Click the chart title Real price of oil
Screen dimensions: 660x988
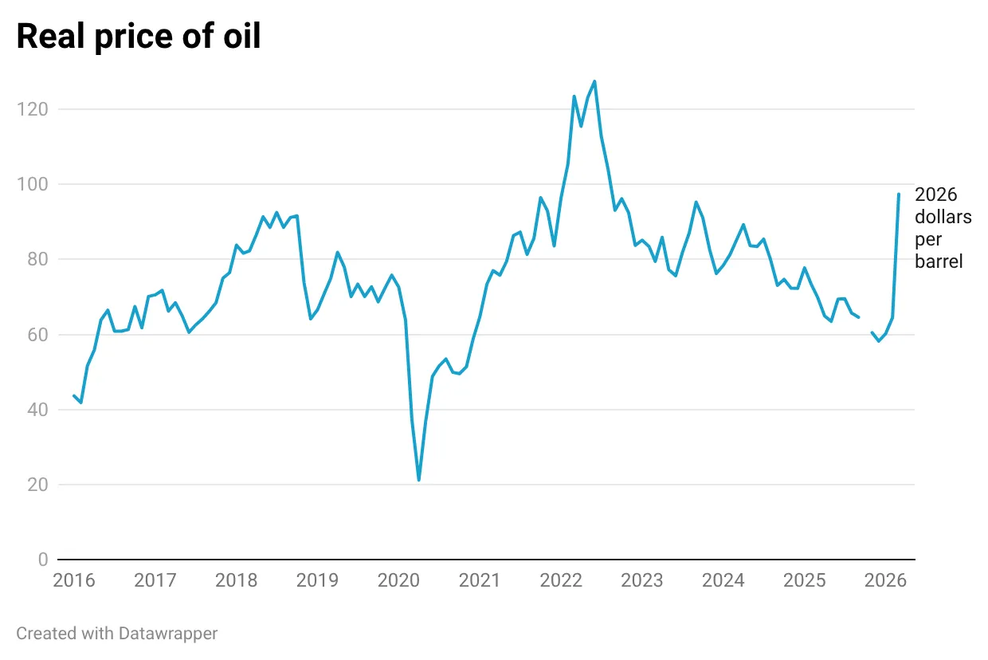(139, 37)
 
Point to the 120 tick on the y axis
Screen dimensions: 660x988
(32, 109)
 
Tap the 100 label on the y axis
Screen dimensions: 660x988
(32, 184)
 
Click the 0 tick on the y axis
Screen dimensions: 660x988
(43, 560)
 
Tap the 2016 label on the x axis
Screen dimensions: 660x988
(73, 580)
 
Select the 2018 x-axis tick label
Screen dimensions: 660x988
(236, 580)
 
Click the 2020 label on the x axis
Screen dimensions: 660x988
(398, 580)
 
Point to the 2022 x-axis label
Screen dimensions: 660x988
(561, 580)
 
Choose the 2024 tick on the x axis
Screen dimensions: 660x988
(723, 580)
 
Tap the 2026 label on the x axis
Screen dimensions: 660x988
(885, 580)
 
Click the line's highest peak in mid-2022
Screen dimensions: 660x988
(594, 81)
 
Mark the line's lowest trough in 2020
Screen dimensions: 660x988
(418, 480)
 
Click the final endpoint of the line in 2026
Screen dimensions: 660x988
(899, 194)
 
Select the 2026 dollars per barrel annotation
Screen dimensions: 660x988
(943, 228)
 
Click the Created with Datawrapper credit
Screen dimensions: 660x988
(117, 634)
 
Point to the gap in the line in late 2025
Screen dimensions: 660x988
(865, 325)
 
